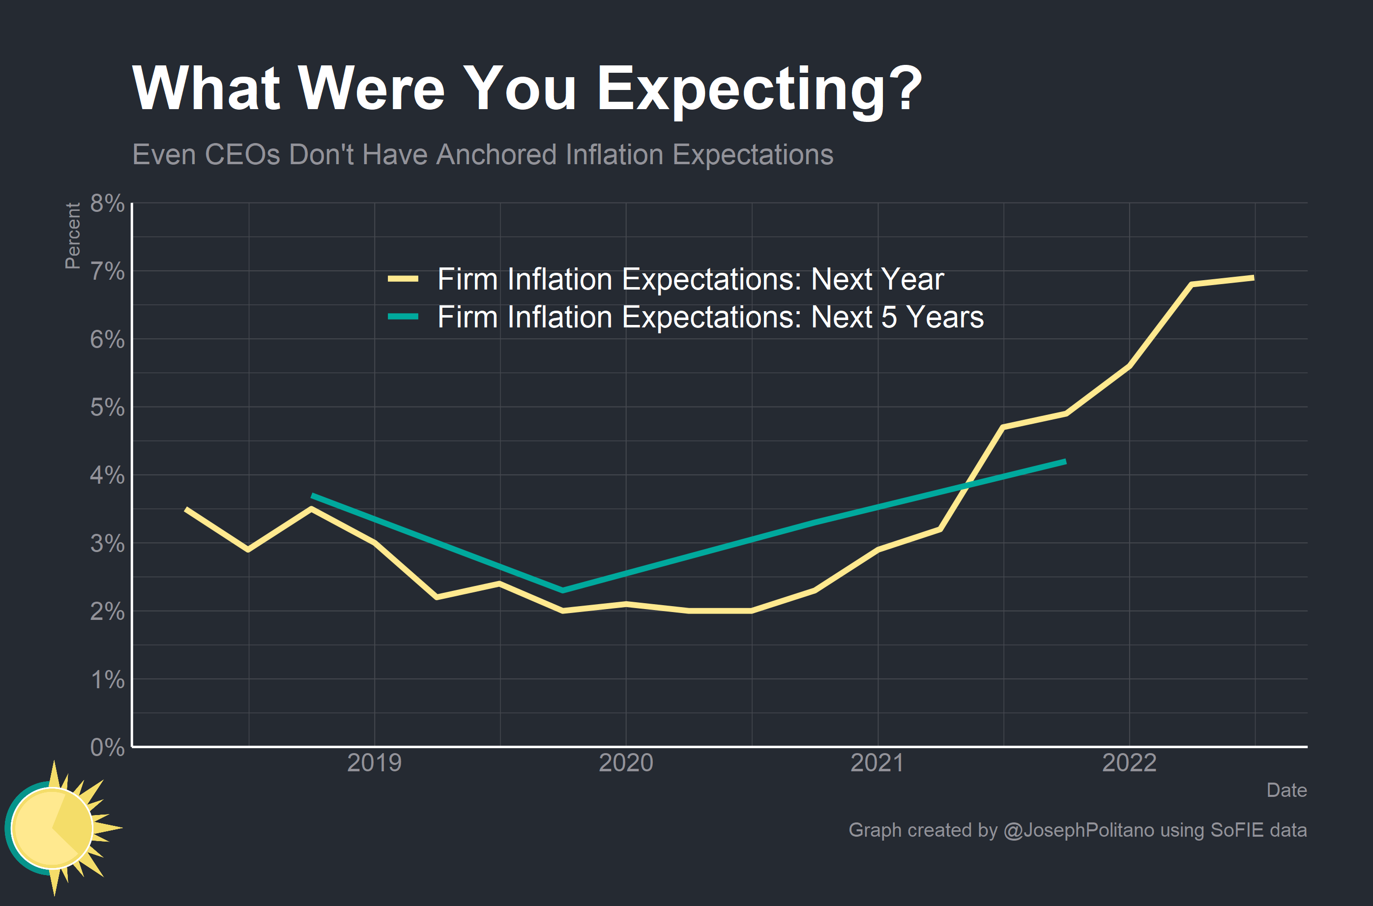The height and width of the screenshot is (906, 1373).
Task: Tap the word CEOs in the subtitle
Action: click(242, 155)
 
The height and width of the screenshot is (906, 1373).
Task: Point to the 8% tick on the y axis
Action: click(108, 204)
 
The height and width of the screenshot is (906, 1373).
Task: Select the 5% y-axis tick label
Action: click(108, 408)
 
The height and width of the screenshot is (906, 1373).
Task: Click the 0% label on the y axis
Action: click(108, 747)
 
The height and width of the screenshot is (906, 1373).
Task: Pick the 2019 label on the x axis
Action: click(374, 763)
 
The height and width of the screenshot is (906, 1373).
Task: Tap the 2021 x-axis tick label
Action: click(877, 763)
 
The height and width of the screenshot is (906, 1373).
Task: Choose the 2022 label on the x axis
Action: click(1129, 763)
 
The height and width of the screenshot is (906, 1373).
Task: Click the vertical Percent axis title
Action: click(73, 236)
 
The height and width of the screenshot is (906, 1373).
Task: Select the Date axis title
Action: click(1286, 790)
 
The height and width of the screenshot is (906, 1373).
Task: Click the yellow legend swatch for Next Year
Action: click(403, 280)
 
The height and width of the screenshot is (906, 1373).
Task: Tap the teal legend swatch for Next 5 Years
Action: click(403, 317)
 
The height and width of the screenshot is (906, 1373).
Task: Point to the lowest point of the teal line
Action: click(563, 590)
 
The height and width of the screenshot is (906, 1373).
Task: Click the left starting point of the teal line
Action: click(312, 496)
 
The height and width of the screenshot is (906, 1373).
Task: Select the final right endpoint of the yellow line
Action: click(1254, 278)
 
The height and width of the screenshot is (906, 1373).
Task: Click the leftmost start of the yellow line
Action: click(186, 509)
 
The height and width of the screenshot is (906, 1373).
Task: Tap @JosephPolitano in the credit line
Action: click(1079, 830)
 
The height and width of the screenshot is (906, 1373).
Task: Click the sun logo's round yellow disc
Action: click(52, 828)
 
